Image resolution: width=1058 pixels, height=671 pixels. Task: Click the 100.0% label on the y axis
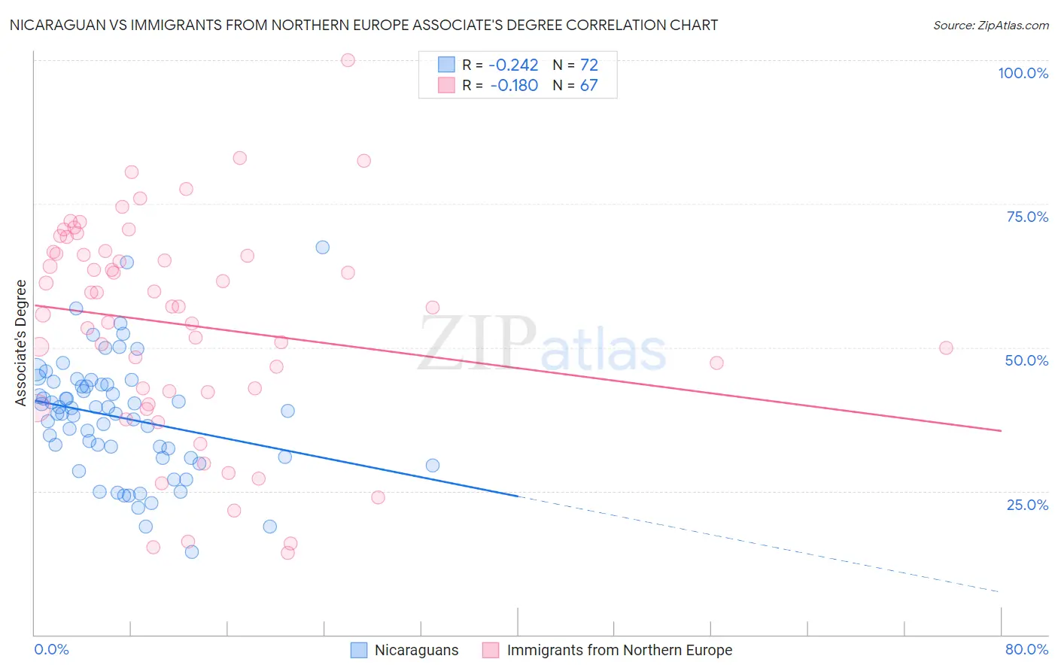click(x=1023, y=73)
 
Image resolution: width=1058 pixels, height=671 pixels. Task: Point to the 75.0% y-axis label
click(x=1026, y=217)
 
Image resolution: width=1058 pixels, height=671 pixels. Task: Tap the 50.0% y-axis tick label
click(x=1026, y=360)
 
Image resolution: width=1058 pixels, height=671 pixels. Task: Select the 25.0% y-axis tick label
click(x=1026, y=504)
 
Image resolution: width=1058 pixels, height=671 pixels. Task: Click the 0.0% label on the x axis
click(x=51, y=649)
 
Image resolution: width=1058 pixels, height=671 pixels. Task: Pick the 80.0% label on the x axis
click(x=1026, y=649)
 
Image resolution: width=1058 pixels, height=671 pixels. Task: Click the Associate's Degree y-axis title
click(x=21, y=343)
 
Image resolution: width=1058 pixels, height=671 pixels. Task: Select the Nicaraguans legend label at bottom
click(x=416, y=650)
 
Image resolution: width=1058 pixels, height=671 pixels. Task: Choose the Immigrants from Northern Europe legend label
click(x=619, y=650)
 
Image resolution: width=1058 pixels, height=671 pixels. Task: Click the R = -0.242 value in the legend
click(x=500, y=65)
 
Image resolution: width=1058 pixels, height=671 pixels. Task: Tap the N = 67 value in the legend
click(x=575, y=86)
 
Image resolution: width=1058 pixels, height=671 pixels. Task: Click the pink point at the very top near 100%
click(x=348, y=60)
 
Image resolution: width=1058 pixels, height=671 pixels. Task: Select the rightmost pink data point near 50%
click(x=946, y=348)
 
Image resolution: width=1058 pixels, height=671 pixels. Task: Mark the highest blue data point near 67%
click(x=322, y=247)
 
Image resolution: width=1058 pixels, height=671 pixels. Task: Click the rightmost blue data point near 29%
click(x=432, y=465)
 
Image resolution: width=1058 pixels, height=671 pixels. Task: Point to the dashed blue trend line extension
click(x=752, y=542)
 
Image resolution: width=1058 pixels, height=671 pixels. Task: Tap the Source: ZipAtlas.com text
click(x=990, y=25)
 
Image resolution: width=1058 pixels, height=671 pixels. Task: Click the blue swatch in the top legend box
click(x=446, y=65)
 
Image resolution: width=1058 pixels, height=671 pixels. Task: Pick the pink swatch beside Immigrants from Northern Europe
click(x=490, y=650)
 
